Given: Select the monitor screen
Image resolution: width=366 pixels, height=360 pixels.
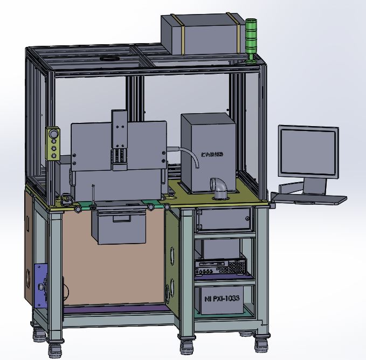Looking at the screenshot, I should [308, 151].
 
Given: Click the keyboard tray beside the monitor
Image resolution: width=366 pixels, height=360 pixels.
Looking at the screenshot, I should [310, 199].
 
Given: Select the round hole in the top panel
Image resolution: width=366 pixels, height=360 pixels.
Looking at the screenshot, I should [111, 58].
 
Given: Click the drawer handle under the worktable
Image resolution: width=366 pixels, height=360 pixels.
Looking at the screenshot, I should [121, 218].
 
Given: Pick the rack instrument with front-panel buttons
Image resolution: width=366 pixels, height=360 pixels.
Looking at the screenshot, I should [220, 266].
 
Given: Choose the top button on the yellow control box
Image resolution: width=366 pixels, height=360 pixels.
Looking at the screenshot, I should [53, 133].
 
